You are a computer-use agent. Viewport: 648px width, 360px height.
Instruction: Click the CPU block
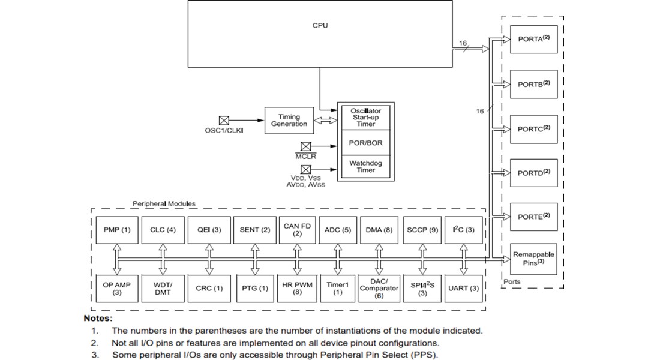[320, 33]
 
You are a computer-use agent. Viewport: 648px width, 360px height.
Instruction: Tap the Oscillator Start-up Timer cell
[365, 118]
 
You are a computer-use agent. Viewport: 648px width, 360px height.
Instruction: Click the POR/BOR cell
[365, 143]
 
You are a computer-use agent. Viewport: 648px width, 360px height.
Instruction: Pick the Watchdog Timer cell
[365, 166]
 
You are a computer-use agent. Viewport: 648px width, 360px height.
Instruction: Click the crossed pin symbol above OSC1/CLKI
[224, 121]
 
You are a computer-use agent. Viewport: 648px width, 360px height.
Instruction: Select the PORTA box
[533, 39]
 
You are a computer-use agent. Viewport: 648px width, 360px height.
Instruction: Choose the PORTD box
[533, 173]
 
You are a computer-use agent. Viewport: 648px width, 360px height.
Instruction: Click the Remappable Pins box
[533, 259]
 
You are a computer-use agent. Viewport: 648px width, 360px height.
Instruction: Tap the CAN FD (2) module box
[297, 230]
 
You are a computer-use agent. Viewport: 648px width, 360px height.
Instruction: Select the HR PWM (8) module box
[297, 289]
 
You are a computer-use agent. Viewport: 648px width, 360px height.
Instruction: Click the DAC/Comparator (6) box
[379, 289]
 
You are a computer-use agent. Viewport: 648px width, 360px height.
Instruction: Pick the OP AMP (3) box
[117, 289]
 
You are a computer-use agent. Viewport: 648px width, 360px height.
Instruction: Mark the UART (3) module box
[464, 289]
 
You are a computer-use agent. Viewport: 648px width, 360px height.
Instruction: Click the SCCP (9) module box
[422, 230]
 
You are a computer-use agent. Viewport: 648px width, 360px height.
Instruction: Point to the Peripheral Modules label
[164, 204]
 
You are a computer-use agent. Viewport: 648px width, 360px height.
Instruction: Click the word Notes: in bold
[98, 319]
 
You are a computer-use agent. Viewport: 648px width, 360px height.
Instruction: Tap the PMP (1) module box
[117, 230]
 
